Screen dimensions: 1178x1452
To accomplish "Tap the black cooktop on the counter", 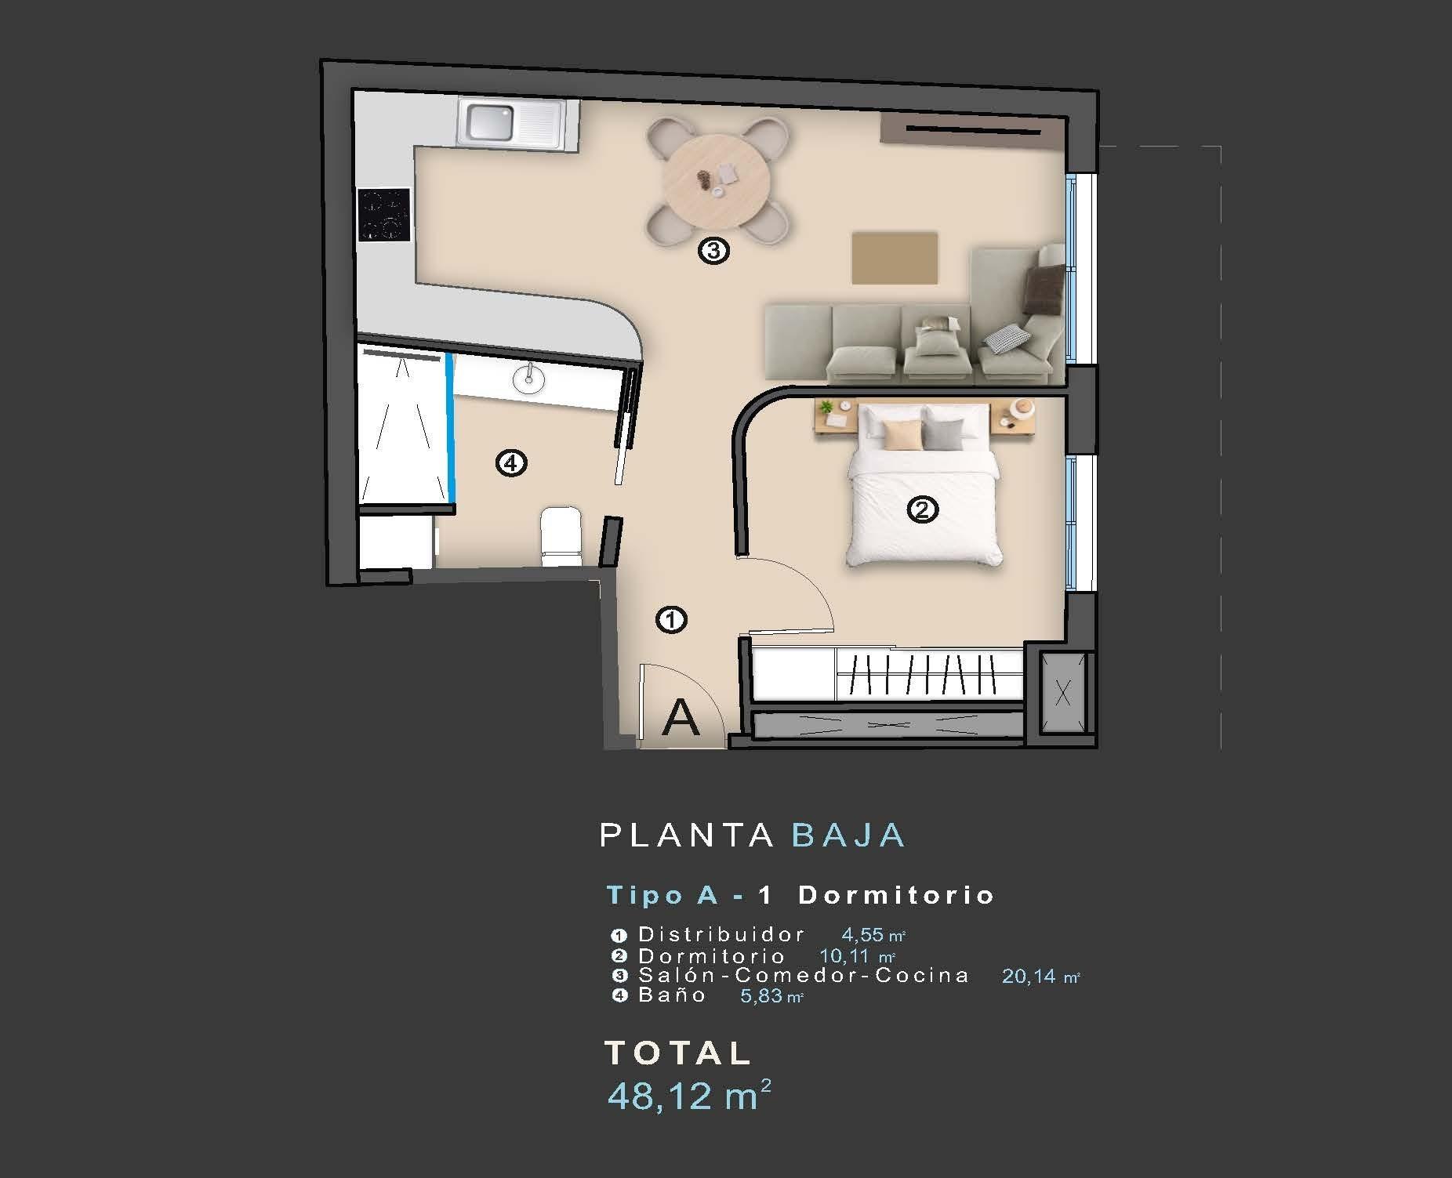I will [384, 215].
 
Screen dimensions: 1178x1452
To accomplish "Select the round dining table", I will [715, 181].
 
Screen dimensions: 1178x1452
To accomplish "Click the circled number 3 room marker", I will [713, 252].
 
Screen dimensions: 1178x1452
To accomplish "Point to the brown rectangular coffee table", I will [895, 258].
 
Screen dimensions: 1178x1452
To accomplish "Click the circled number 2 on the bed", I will [922, 511].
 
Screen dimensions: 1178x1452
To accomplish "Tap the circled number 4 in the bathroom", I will [511, 463].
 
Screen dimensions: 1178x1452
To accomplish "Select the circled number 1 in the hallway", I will [671, 620].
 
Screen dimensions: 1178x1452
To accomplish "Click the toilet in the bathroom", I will [561, 536].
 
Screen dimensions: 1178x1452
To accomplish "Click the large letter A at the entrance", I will [680, 718].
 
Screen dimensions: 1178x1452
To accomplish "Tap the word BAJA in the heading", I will [849, 835].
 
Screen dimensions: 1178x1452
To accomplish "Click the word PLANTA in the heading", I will [687, 835].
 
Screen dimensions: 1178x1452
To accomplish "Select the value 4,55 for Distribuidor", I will [862, 934].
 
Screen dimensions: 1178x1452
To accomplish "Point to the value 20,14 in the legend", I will [1028, 977].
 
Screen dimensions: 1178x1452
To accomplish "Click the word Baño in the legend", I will [673, 995].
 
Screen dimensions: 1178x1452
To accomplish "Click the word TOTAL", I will [678, 1053].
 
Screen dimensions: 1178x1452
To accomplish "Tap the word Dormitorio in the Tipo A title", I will [896, 895].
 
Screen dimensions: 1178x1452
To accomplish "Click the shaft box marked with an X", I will [1063, 692].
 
